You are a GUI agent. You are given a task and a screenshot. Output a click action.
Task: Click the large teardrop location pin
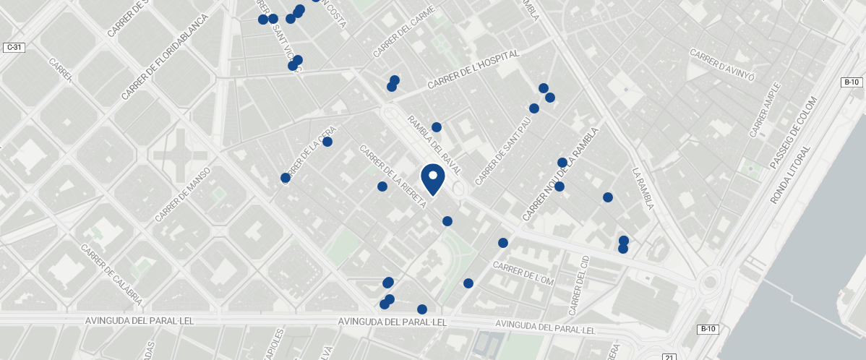(432, 179)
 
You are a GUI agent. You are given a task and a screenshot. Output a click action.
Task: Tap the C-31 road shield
(14, 48)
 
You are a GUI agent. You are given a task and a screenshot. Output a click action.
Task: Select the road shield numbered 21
(669, 356)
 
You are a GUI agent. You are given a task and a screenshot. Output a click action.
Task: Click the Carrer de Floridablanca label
(165, 57)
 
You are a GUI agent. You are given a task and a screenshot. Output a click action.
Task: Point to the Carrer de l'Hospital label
(473, 70)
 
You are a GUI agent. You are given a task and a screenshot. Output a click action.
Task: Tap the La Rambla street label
(643, 189)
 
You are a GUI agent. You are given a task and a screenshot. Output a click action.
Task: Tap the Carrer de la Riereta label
(393, 178)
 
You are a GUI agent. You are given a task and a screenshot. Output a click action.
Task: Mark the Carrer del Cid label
(579, 285)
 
